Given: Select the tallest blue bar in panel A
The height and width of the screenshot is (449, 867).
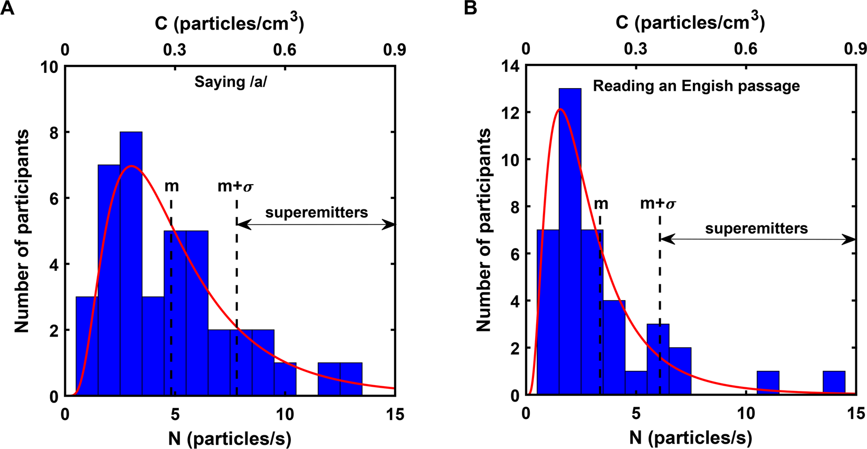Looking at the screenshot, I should tap(131, 264).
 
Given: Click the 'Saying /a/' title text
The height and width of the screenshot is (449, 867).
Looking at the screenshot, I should tap(231, 82).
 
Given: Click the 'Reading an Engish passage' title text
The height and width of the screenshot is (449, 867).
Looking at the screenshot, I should tap(696, 86).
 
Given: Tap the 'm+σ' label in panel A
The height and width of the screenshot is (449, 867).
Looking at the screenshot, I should tap(235, 186).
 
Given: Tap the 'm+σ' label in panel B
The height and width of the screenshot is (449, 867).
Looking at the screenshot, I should tap(658, 204).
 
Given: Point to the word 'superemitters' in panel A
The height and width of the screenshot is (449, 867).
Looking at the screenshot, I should tap(316, 213).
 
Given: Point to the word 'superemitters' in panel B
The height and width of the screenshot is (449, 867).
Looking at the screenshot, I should tap(756, 228).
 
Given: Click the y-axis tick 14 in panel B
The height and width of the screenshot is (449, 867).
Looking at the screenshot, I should tap(510, 66).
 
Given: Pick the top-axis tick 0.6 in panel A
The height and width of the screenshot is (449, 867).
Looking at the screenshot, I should tap(284, 50).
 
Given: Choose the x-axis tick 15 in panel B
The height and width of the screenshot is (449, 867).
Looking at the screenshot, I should tap(855, 414).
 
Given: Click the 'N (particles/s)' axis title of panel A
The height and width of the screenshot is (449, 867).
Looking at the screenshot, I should tap(230, 438).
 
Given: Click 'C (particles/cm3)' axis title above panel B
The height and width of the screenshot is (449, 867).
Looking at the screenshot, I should tap(690, 22).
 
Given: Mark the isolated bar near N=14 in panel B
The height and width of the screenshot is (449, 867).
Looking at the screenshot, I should tap(834, 383).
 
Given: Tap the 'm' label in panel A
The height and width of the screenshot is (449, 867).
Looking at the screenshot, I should tap(172, 186).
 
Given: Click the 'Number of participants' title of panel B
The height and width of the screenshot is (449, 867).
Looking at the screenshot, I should tap(483, 230).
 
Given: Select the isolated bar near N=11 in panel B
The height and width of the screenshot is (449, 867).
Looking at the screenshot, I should tap(768, 383).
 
